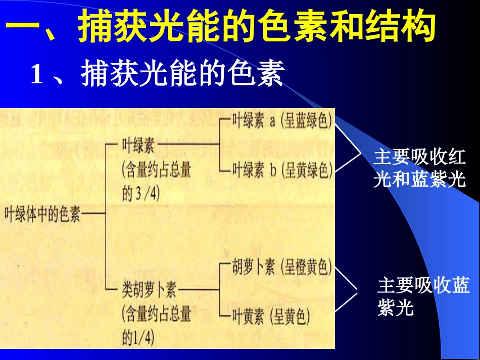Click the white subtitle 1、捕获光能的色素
pos(157,74)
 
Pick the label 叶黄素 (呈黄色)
pos(271,317)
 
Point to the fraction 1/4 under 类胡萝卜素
pos(144,337)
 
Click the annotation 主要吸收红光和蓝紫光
pos(419,168)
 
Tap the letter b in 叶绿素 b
pos(272,170)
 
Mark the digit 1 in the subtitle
pos(36,75)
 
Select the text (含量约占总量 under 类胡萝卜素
pos(157,314)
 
